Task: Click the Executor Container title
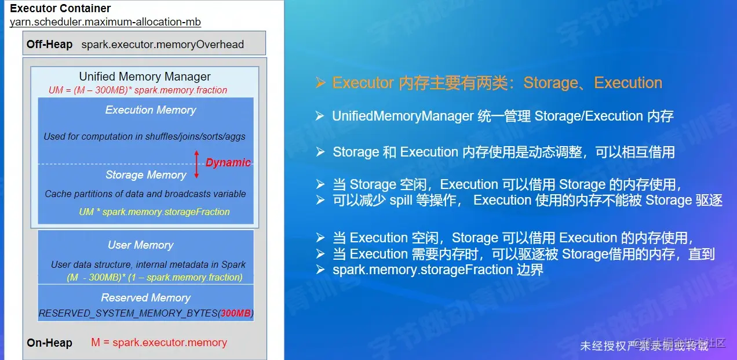(x=60, y=9)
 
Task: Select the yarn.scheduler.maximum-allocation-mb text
(x=105, y=22)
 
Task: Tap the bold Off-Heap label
(x=49, y=44)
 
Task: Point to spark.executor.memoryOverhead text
(x=162, y=44)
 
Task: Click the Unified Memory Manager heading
(x=145, y=77)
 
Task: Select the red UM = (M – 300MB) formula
(x=138, y=90)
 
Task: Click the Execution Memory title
(x=151, y=110)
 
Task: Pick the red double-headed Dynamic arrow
(x=196, y=164)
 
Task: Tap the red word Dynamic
(x=228, y=162)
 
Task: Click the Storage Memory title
(x=146, y=174)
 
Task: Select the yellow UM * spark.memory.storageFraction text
(x=154, y=212)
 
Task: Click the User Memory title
(x=140, y=245)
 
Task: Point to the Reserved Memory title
(x=145, y=297)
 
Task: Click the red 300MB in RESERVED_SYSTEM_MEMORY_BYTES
(x=235, y=313)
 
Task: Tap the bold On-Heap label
(x=49, y=343)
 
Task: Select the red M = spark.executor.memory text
(x=159, y=343)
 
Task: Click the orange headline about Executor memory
(x=497, y=83)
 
